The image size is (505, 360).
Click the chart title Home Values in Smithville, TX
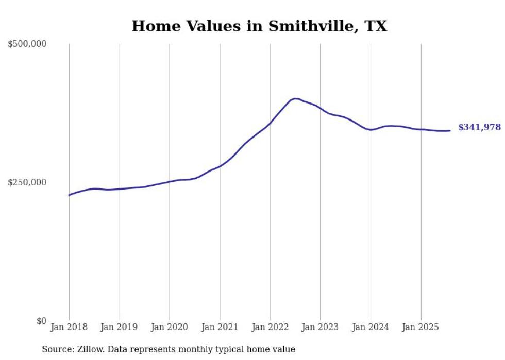point(259,26)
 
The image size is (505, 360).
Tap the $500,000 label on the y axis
point(27,44)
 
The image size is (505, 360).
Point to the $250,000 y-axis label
point(27,182)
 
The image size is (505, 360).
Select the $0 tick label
point(42,321)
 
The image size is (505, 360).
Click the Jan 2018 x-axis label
point(69,327)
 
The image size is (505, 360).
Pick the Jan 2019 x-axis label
point(120,327)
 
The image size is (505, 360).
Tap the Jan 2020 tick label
point(170,327)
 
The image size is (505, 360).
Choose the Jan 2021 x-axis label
point(220,327)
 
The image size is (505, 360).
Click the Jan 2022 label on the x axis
point(270,327)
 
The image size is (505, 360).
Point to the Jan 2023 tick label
point(321,327)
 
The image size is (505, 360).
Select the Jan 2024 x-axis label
point(371,327)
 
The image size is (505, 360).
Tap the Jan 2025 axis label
point(421,327)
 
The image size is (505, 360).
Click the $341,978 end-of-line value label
point(479,128)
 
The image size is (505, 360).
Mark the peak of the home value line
point(295,98)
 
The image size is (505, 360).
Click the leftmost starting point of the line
point(69,195)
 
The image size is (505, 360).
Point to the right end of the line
point(450,131)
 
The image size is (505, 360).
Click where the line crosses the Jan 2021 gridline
point(220,166)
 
